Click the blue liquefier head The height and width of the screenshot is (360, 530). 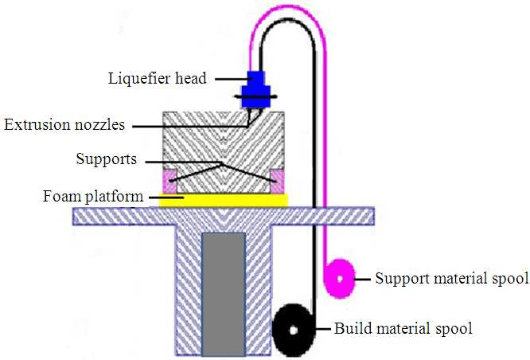tap(257, 88)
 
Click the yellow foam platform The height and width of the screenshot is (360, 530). tap(223, 199)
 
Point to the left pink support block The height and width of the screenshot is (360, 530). tap(169, 180)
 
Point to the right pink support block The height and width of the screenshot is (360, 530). tap(277, 180)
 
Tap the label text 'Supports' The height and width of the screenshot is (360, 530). tap(107, 159)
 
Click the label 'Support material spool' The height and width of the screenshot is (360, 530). tap(451, 279)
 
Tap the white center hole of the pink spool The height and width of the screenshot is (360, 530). tap(341, 279)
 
